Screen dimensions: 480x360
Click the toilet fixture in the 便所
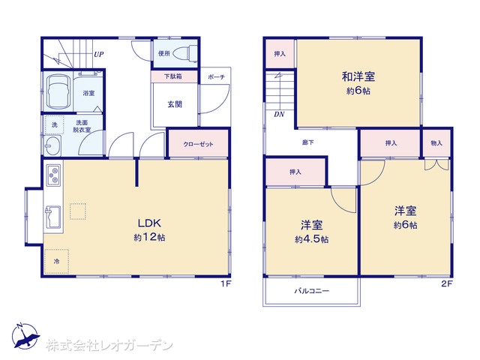click(x=185, y=53)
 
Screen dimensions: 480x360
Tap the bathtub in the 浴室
click(x=58, y=91)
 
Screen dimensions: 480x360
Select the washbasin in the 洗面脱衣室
click(x=52, y=145)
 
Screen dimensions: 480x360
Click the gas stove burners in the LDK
click(x=53, y=175)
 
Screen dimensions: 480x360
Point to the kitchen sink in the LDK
click(x=53, y=217)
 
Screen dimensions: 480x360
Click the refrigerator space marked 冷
click(x=56, y=262)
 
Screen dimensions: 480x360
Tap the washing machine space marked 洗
click(x=55, y=125)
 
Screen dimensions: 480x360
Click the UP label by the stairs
click(x=98, y=55)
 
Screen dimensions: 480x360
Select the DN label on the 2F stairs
click(x=279, y=115)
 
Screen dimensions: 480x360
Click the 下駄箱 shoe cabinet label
click(x=173, y=76)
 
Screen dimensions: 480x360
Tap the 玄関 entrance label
click(x=175, y=104)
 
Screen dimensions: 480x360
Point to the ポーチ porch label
click(x=217, y=76)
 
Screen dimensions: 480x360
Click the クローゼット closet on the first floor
click(x=198, y=144)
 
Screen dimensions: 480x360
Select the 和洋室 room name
click(x=358, y=76)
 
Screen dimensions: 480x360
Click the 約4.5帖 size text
click(x=312, y=239)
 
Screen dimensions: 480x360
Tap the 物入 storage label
click(x=436, y=143)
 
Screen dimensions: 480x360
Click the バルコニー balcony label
click(x=312, y=290)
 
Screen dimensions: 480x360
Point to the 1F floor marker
click(x=226, y=283)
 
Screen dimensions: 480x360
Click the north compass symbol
click(x=25, y=336)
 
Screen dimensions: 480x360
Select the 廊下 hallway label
click(x=307, y=142)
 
